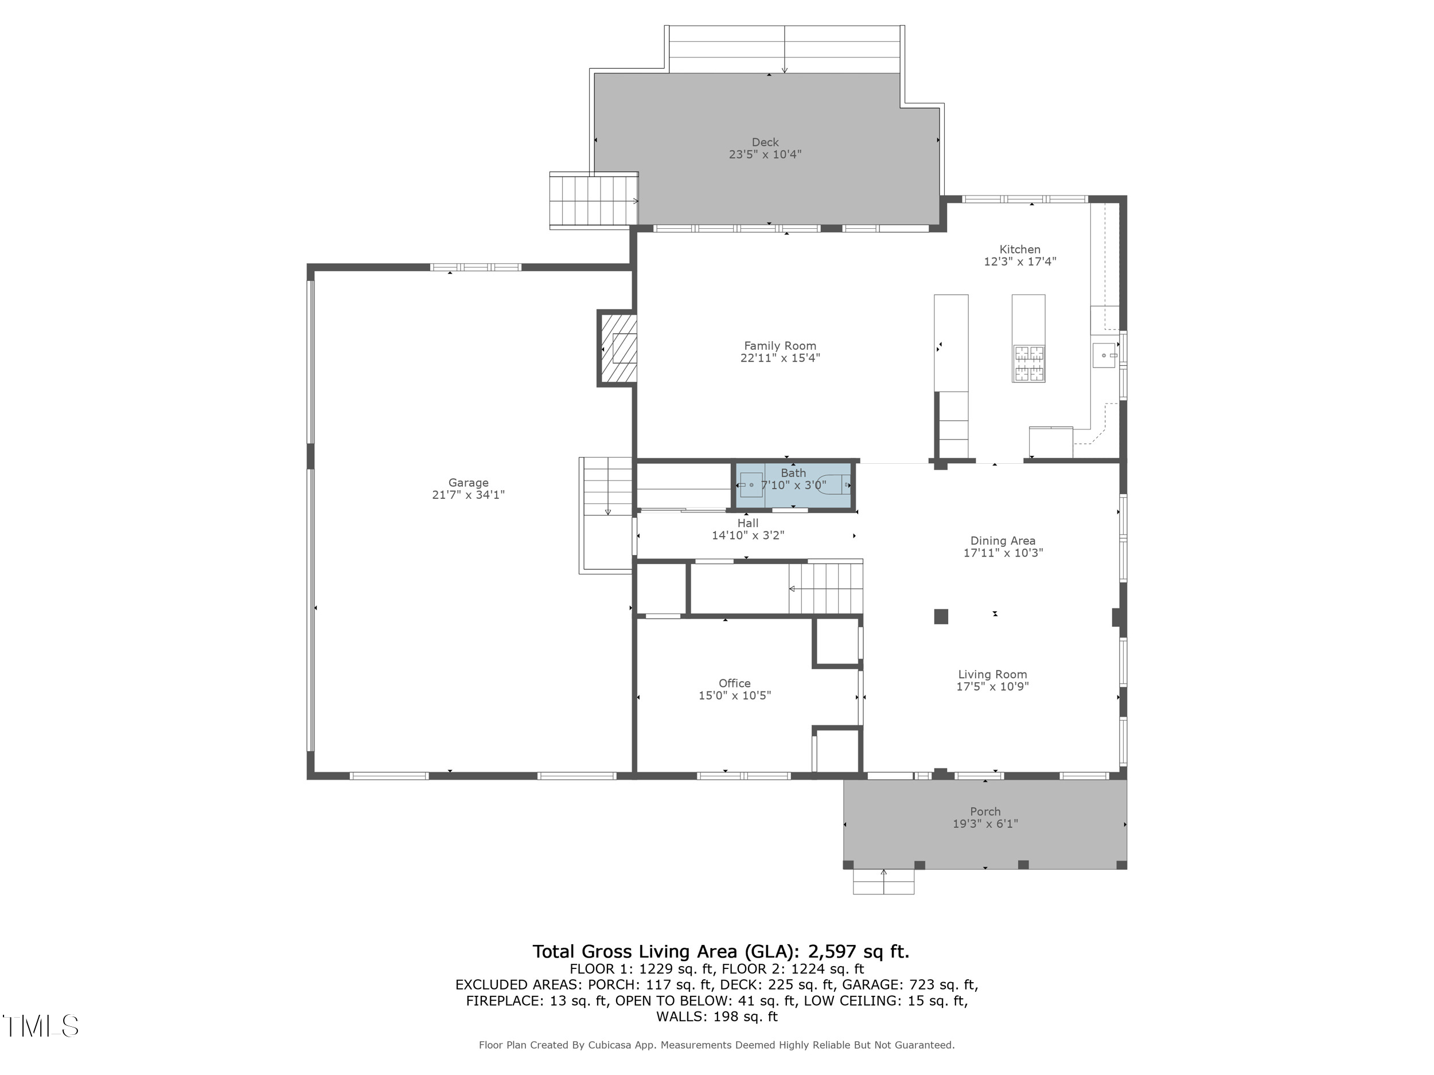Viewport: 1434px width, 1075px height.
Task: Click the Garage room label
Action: click(468, 483)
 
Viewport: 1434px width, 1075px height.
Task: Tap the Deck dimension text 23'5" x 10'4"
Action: click(765, 155)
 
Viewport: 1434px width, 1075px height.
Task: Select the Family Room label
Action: click(780, 346)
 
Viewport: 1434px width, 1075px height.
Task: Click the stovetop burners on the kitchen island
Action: click(1029, 363)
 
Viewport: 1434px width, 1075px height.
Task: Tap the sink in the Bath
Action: click(751, 484)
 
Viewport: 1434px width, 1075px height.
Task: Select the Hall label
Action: click(747, 523)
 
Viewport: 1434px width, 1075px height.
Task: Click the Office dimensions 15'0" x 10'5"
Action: click(735, 696)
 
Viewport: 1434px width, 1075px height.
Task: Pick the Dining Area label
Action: click(1002, 541)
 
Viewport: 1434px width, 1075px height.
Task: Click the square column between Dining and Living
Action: click(941, 616)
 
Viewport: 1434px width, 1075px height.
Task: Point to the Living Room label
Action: click(992, 675)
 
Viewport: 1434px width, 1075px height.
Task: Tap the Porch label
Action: click(985, 812)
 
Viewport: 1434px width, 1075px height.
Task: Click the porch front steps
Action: click(883, 882)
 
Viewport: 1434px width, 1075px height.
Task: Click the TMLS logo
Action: click(40, 1026)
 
